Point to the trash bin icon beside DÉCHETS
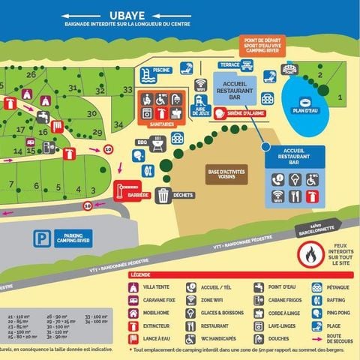[163, 196]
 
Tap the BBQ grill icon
[157, 144]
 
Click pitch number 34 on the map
[118, 124]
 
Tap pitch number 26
[31, 74]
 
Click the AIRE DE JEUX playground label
[200, 109]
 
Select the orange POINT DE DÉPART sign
[262, 45]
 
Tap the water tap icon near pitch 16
[42, 116]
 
